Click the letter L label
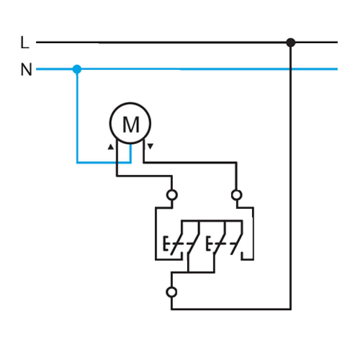[x=25, y=42]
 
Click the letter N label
[x=26, y=69]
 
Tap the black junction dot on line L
[x=291, y=42]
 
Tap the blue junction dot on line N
[x=77, y=69]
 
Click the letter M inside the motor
[x=131, y=124]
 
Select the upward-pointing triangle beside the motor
[x=111, y=147]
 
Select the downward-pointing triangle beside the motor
[x=150, y=146]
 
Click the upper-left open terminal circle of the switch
[x=172, y=195]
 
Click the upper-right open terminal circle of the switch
[x=237, y=195]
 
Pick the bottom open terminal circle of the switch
[x=171, y=292]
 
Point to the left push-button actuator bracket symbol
[x=165, y=243]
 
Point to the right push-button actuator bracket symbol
[x=208, y=243]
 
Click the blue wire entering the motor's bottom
[x=130, y=153]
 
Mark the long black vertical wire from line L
[x=291, y=176]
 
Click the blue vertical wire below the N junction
[x=77, y=116]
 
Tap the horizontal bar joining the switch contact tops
[x=211, y=221]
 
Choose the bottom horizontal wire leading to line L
[x=231, y=309]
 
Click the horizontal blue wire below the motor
[x=104, y=162]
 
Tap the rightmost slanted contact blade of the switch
[x=237, y=244]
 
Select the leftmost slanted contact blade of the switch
[x=176, y=244]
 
